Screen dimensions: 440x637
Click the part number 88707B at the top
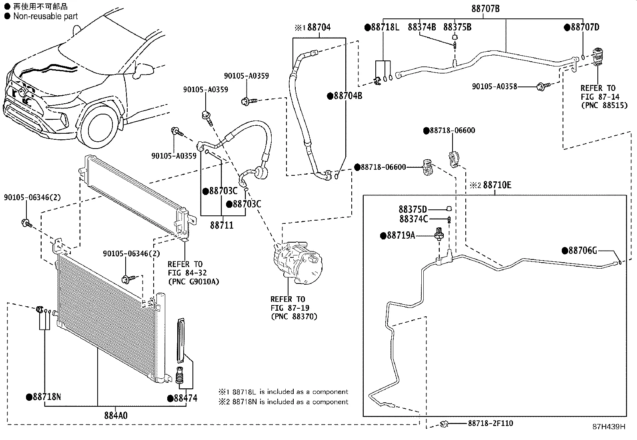485,9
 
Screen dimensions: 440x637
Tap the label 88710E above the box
497,185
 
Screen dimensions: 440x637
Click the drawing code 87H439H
609,426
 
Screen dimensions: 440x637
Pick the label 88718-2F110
490,423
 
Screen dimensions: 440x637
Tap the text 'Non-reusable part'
45,16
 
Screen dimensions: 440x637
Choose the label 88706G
582,251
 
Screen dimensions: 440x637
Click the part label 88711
222,225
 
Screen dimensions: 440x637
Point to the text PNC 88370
294,316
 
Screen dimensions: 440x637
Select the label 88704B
348,96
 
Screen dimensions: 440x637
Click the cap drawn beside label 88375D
449,208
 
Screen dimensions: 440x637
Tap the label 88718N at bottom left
46,397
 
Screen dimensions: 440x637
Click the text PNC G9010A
193,281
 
